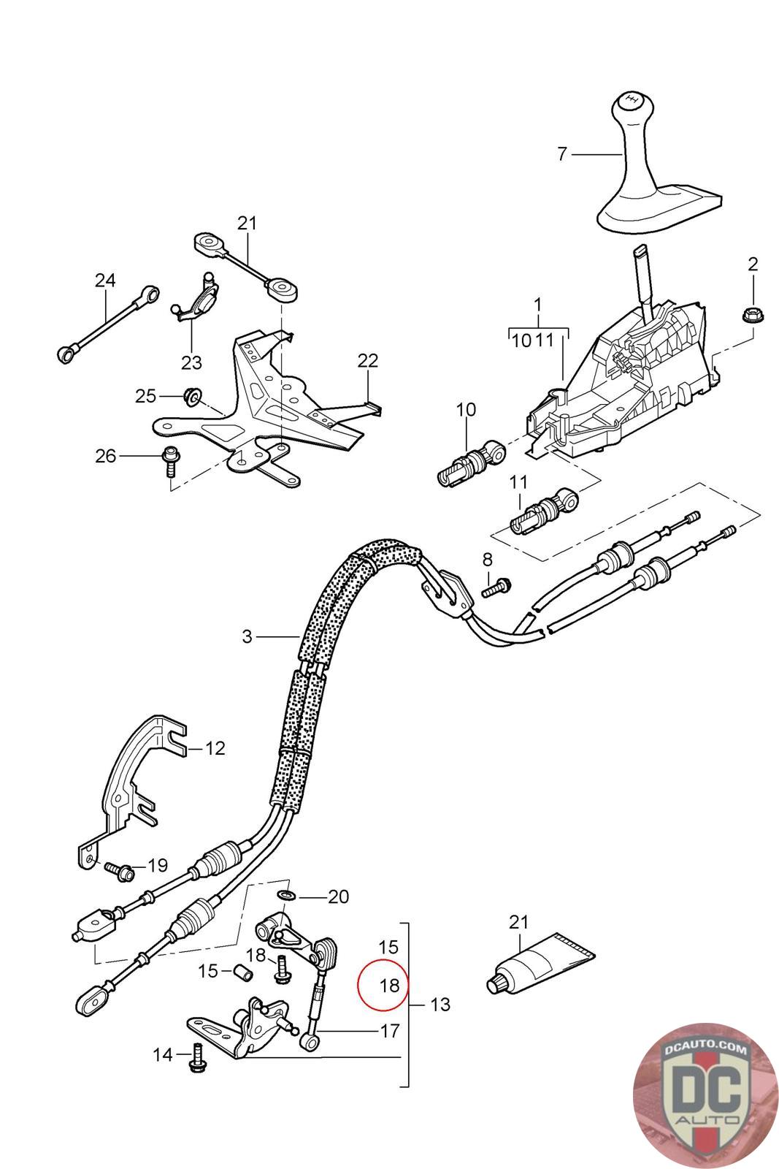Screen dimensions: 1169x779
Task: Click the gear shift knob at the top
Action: pos(629,110)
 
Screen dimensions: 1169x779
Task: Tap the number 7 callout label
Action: pos(561,154)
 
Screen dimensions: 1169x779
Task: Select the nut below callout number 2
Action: pos(751,316)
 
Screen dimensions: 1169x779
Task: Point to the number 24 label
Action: pos(105,280)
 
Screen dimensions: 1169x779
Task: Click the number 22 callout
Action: pos(368,360)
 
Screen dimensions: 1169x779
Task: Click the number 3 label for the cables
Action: pos(247,636)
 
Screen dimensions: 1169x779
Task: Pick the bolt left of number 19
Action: pos(118,869)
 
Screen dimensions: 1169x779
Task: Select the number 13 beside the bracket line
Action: pos(440,1005)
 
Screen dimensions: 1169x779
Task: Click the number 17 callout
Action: pos(389,1030)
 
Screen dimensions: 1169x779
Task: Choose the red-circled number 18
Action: pos(389,986)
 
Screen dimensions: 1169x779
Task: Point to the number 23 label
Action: pos(191,362)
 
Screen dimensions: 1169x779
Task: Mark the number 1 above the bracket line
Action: pos(538,302)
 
